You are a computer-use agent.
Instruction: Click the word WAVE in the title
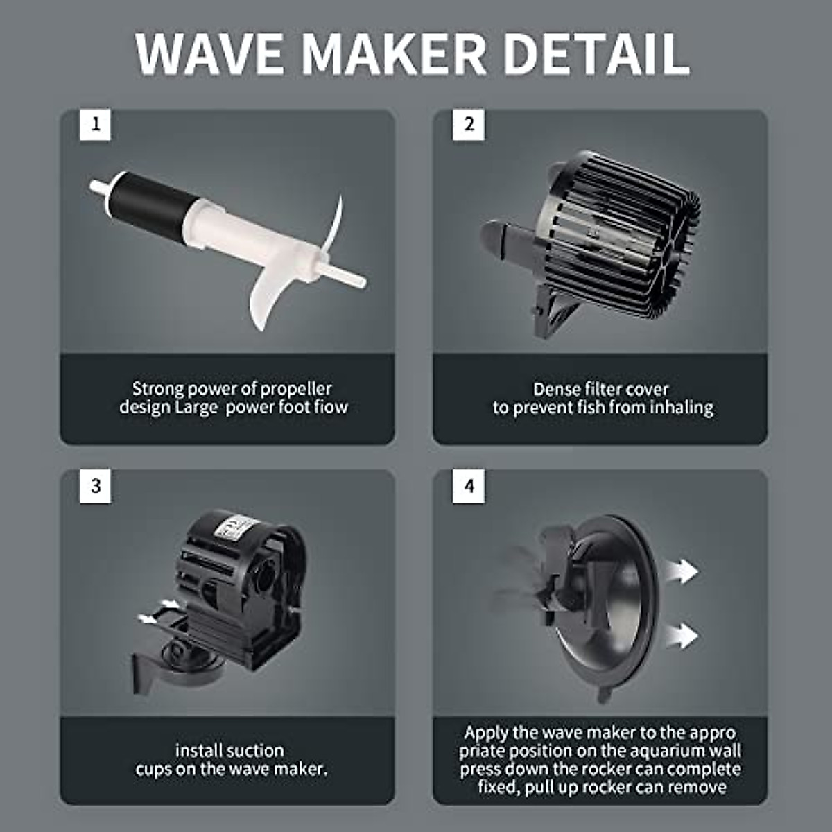211,53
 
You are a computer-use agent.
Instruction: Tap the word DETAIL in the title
596,53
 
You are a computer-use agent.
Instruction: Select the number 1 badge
95,125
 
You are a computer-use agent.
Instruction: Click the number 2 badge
469,125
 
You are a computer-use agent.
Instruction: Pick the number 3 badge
95,486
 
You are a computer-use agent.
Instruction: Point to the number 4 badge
469,486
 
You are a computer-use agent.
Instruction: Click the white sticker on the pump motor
229,530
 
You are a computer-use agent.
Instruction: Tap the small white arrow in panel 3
148,617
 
